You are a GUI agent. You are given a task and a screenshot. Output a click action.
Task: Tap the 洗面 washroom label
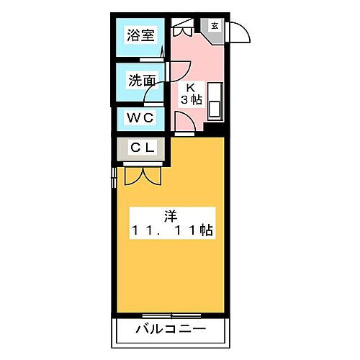click(140, 81)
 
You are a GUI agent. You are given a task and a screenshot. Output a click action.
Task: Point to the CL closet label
click(141, 148)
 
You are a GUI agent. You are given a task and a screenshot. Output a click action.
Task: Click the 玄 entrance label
click(215, 26)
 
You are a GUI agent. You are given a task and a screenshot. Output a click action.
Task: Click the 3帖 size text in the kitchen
click(190, 100)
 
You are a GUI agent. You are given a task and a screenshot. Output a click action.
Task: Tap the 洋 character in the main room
click(171, 215)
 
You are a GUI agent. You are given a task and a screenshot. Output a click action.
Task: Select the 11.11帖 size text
click(171, 231)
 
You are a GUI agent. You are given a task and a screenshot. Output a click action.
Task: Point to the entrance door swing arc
click(240, 36)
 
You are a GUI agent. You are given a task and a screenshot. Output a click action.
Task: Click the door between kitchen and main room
click(186, 130)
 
